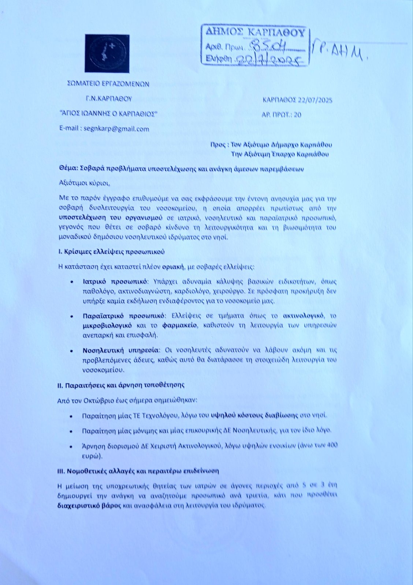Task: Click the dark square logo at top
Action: click(x=107, y=53)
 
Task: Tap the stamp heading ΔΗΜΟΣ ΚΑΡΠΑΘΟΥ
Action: click(x=255, y=32)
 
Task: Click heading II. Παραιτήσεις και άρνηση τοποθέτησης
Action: click(x=121, y=385)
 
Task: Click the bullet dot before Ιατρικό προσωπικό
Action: click(x=73, y=282)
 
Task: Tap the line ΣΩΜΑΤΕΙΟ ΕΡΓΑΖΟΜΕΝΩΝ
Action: click(x=109, y=84)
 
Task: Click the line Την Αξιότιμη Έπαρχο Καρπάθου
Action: click(x=282, y=154)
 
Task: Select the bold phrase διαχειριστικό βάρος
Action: click(x=90, y=506)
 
